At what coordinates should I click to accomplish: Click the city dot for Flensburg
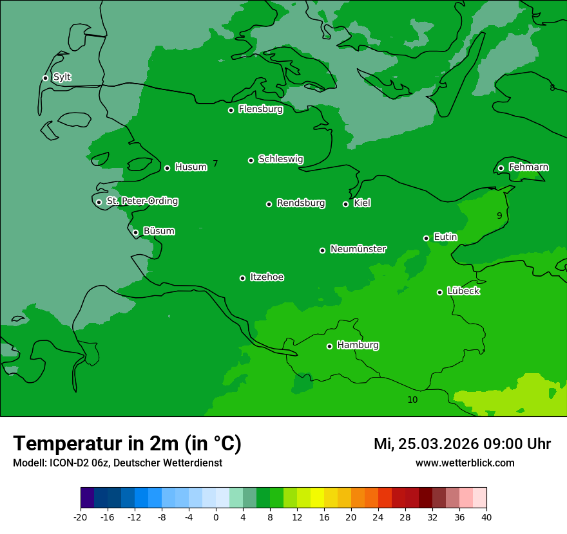[x=231, y=110]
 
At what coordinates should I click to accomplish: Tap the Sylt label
[x=62, y=77]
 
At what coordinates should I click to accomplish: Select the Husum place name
[x=191, y=167]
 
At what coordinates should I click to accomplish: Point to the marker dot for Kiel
[x=345, y=204]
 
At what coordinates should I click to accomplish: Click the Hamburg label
[x=358, y=345]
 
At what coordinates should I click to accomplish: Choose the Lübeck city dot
[x=439, y=292]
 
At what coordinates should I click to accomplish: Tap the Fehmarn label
[x=528, y=167]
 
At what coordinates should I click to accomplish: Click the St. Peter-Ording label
[x=142, y=201]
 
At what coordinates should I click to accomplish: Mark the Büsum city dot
[x=135, y=232]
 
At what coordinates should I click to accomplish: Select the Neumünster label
[x=358, y=249]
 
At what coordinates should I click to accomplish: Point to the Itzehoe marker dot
[x=242, y=278]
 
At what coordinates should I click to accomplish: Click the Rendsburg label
[x=301, y=203]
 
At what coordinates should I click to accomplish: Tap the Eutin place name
[x=445, y=237]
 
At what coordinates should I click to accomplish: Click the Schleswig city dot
[x=251, y=160]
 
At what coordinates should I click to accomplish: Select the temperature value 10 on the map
[x=412, y=400]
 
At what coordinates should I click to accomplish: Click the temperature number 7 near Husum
[x=215, y=164]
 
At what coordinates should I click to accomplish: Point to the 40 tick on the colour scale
[x=486, y=517]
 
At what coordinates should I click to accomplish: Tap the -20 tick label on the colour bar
[x=81, y=517]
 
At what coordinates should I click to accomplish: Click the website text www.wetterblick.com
[x=465, y=463]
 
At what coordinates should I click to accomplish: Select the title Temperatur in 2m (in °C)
[x=127, y=443]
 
